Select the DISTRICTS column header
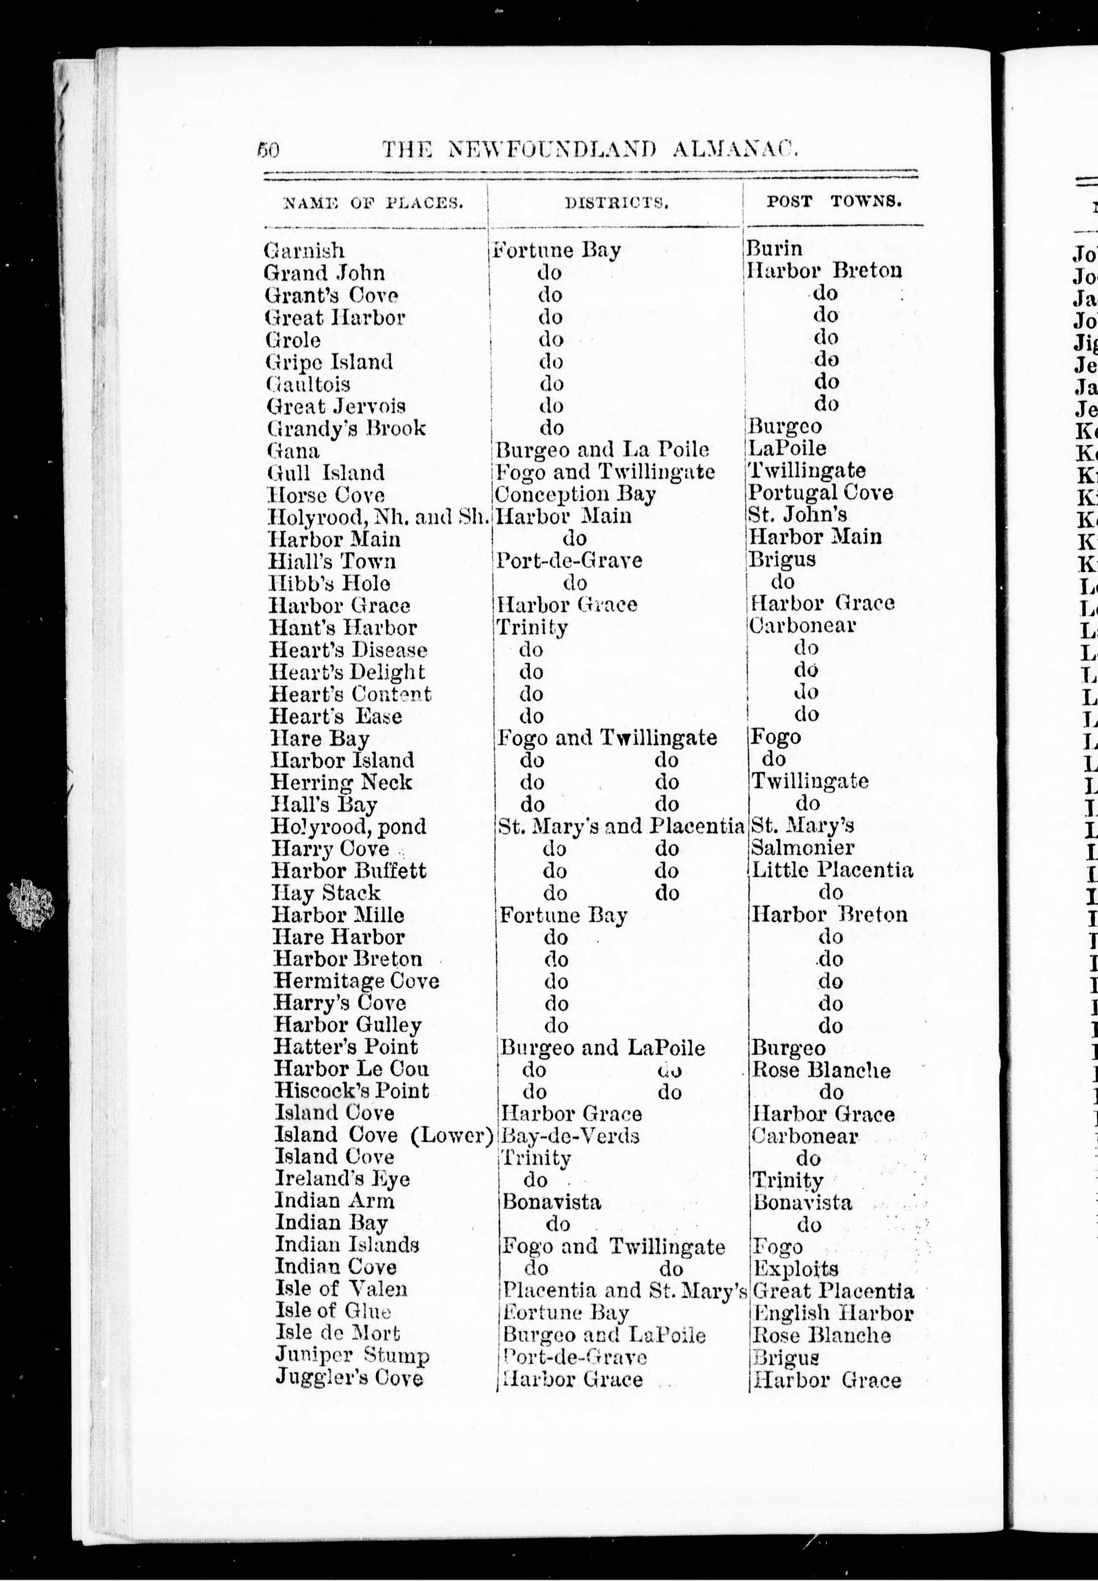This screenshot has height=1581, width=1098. point(616,202)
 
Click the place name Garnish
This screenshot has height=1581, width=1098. point(304,250)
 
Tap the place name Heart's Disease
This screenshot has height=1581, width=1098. point(348,650)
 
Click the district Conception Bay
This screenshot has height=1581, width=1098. point(575,494)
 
